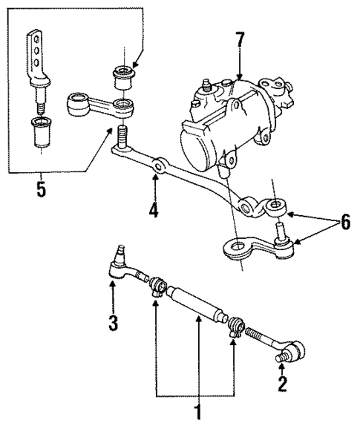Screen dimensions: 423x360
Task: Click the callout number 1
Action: coord(197,410)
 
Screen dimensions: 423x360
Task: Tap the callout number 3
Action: coord(112,325)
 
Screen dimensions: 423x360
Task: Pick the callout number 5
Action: coord(42,189)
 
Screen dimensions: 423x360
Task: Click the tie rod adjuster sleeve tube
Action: coord(194,304)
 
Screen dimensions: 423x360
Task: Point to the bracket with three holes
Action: coord(34,59)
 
